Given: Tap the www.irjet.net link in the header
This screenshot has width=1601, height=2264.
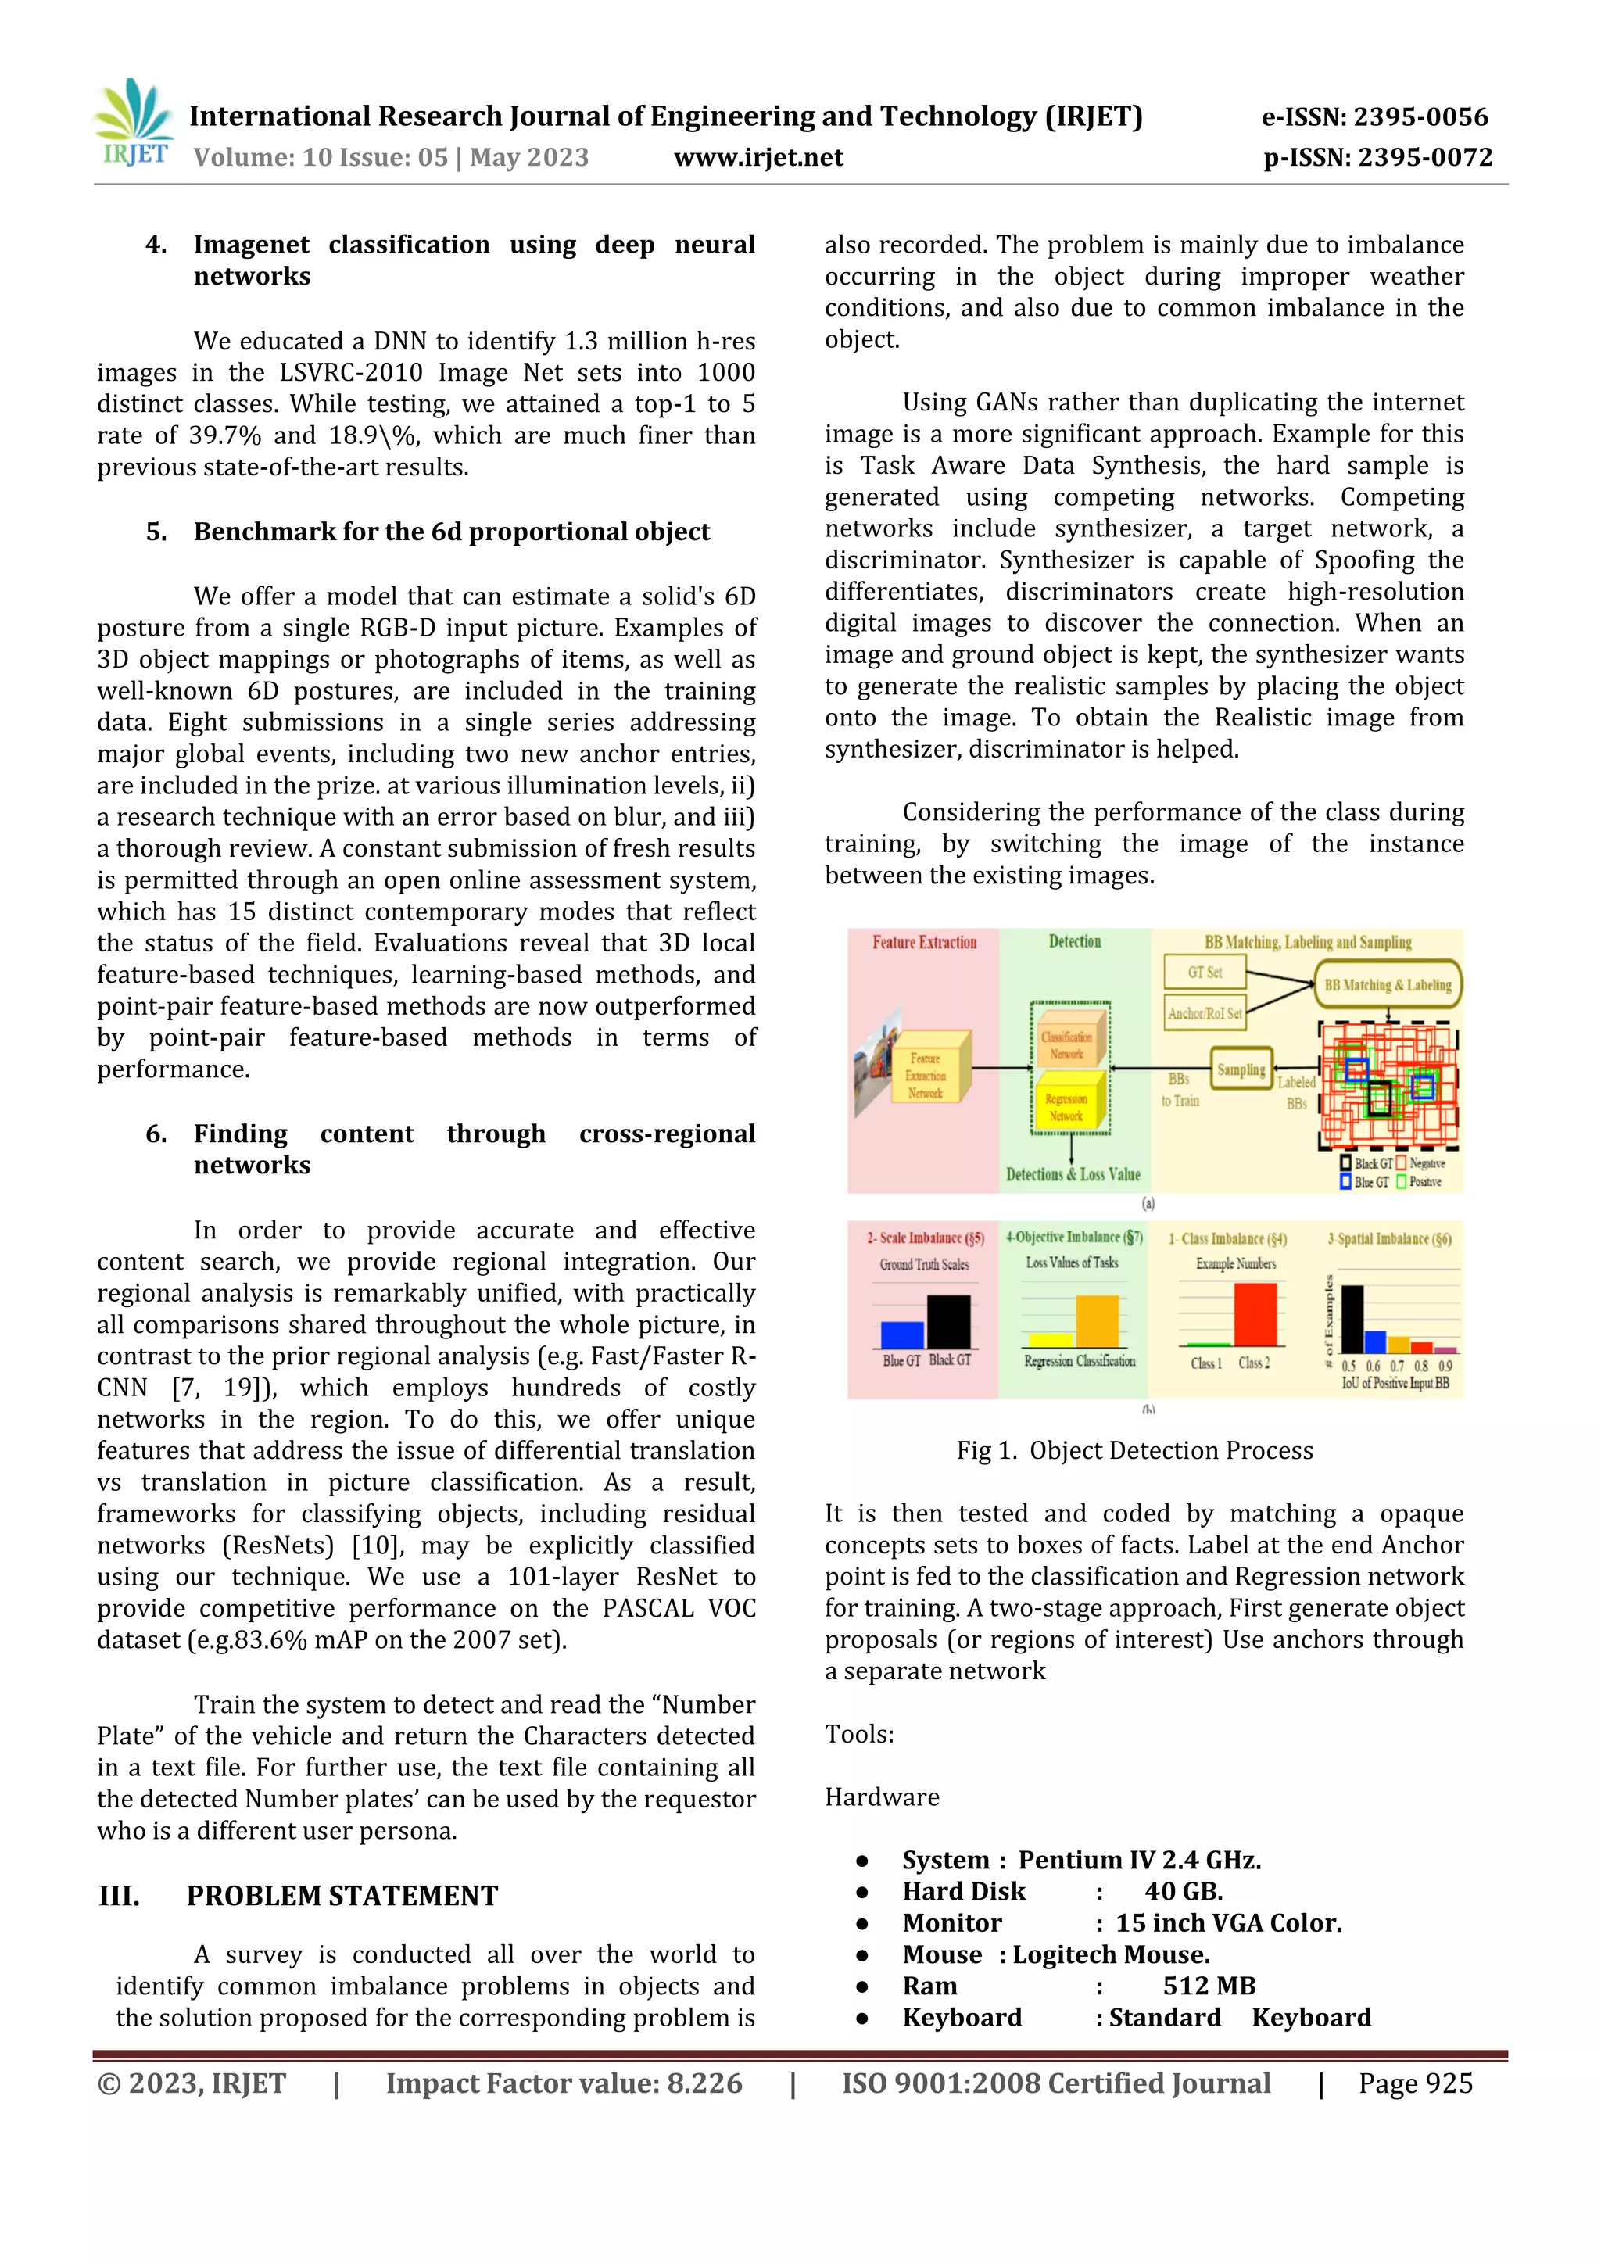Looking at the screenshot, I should coord(758,158).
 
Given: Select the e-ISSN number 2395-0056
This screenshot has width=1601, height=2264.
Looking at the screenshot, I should coord(1375,117).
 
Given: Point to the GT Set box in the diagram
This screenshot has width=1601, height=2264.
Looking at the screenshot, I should coord(1204,973).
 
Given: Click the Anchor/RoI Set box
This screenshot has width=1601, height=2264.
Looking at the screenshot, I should coord(1204,1012).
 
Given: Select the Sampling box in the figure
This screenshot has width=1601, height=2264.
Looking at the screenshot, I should coord(1240,1070).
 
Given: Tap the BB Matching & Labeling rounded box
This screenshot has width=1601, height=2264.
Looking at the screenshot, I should coord(1387,984).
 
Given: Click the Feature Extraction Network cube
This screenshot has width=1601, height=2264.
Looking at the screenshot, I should coord(926,1076).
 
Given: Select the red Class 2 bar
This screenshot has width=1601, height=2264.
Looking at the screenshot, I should coord(1255,1313).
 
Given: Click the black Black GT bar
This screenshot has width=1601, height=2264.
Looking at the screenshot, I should coord(948,1321).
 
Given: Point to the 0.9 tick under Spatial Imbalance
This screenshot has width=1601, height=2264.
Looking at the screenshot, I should coord(1445,1366).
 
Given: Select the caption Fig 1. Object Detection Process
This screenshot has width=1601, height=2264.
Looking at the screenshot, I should coord(1135,1450).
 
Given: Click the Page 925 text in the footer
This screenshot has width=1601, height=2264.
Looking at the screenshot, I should coord(1415,2083).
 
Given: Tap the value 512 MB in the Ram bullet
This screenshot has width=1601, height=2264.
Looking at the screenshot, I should coord(1209,1985).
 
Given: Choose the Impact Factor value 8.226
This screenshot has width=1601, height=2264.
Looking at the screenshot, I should coord(563,2083).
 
